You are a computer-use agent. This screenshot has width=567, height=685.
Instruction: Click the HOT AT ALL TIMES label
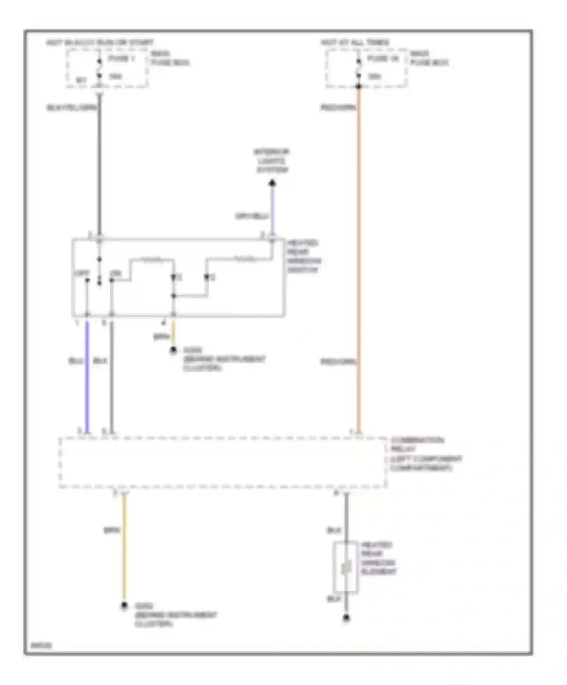(355, 42)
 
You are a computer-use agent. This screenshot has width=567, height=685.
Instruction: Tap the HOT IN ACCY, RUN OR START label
(100, 42)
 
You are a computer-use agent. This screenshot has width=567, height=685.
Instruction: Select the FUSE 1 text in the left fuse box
(121, 59)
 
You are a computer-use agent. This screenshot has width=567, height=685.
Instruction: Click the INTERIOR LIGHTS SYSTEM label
(271, 161)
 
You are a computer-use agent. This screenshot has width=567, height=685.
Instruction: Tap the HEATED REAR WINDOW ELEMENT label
(378, 558)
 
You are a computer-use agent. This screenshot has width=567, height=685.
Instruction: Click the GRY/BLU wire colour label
(252, 216)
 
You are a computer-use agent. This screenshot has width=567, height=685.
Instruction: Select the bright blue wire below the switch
(87, 378)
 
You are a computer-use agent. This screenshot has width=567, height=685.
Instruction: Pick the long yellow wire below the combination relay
(124, 548)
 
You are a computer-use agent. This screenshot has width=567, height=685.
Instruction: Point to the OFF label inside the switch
(82, 273)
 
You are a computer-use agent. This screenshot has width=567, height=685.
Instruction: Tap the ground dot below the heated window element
(346, 618)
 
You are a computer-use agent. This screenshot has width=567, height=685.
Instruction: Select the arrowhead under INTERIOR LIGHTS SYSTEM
(272, 184)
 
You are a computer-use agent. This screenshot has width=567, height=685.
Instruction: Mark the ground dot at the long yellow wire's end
(124, 606)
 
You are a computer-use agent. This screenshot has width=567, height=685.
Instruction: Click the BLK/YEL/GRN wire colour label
(71, 108)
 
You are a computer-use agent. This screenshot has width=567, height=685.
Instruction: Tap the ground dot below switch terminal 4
(174, 350)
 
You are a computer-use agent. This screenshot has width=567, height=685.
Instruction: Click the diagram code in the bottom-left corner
(42, 645)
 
